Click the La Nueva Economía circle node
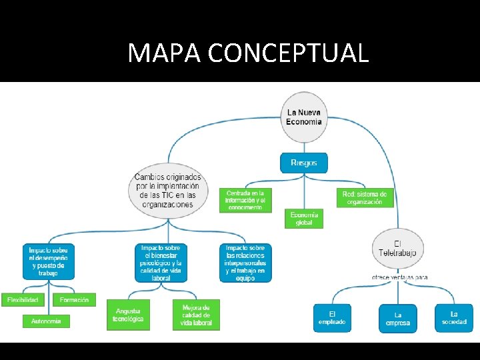tap(304, 117)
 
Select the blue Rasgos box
tap(304, 163)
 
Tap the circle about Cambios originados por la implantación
tap(167, 190)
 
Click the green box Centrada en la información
tap(245, 200)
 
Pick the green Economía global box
tap(304, 219)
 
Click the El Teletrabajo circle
tap(397, 248)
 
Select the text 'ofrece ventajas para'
tap(400, 277)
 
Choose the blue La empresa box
tap(398, 319)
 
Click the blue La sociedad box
tap(454, 317)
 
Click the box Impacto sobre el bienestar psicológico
tap(161, 262)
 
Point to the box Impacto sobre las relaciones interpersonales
tap(245, 262)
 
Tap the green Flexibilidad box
tap(23, 300)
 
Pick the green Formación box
tap(74, 300)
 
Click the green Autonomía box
tap(46, 321)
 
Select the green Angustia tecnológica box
tap(128, 315)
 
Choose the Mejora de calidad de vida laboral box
tap(196, 314)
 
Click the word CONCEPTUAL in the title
tap(288, 53)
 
